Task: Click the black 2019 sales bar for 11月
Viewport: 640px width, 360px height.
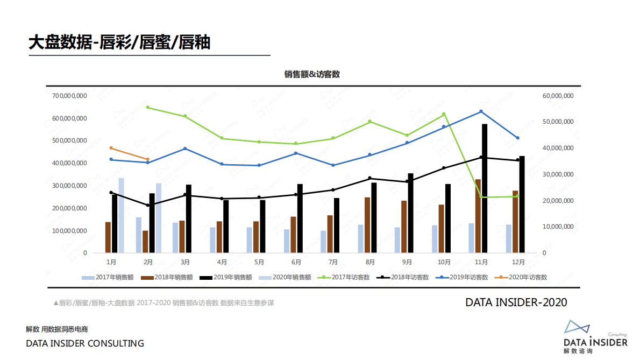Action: click(x=485, y=188)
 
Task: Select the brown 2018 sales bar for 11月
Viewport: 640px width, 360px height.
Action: click(x=478, y=216)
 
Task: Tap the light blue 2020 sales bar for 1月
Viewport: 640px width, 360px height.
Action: click(x=122, y=215)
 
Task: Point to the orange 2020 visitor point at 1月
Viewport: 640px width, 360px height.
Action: click(x=111, y=148)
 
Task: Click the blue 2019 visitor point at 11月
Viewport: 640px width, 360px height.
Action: click(x=481, y=111)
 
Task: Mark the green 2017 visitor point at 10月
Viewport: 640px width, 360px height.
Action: click(x=444, y=114)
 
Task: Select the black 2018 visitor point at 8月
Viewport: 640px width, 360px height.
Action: click(x=370, y=178)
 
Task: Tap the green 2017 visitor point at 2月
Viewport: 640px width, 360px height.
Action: click(x=148, y=108)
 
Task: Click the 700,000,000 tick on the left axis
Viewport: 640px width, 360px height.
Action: click(x=70, y=96)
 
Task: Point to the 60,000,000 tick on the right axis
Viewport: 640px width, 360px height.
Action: click(x=558, y=96)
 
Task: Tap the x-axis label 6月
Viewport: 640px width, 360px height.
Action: click(x=296, y=263)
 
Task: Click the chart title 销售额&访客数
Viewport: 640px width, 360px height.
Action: click(x=312, y=75)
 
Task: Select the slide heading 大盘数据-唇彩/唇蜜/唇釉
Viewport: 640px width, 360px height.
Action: click(x=119, y=43)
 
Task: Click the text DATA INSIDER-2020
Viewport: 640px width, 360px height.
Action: click(x=516, y=303)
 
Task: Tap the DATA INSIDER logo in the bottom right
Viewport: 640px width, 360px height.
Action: click(x=595, y=337)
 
